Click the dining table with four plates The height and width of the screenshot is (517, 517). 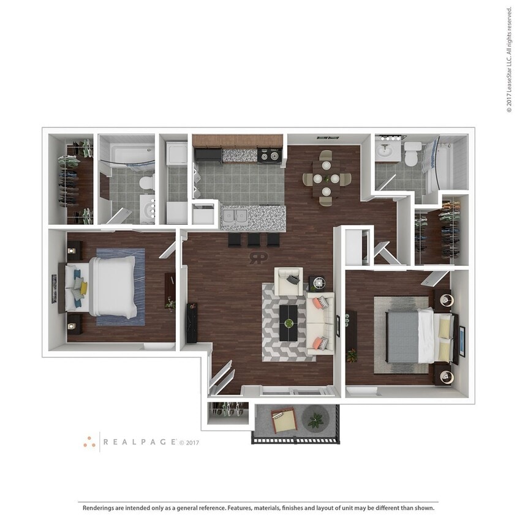[326, 179]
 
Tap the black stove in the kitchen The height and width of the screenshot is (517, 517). [269, 156]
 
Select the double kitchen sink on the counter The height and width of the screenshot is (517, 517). [234, 216]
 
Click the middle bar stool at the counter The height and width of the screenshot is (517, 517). [254, 240]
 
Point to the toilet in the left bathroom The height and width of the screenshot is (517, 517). [146, 183]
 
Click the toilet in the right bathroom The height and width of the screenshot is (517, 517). [412, 155]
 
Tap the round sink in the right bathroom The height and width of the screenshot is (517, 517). [388, 151]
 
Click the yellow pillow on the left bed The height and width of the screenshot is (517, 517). [83, 288]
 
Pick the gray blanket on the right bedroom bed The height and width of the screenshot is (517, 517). [402, 336]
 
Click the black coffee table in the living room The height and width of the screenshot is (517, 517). [289, 322]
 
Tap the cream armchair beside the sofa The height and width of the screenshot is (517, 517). [288, 281]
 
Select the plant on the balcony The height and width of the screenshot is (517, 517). [315, 420]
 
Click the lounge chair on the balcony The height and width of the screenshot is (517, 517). [284, 421]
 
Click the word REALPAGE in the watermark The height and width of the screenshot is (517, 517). [140, 442]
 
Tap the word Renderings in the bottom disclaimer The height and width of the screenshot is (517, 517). [99, 508]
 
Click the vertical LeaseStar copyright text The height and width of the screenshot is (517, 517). [508, 59]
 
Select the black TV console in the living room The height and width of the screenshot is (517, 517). [192, 322]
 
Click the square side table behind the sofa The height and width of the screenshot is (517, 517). [318, 283]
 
